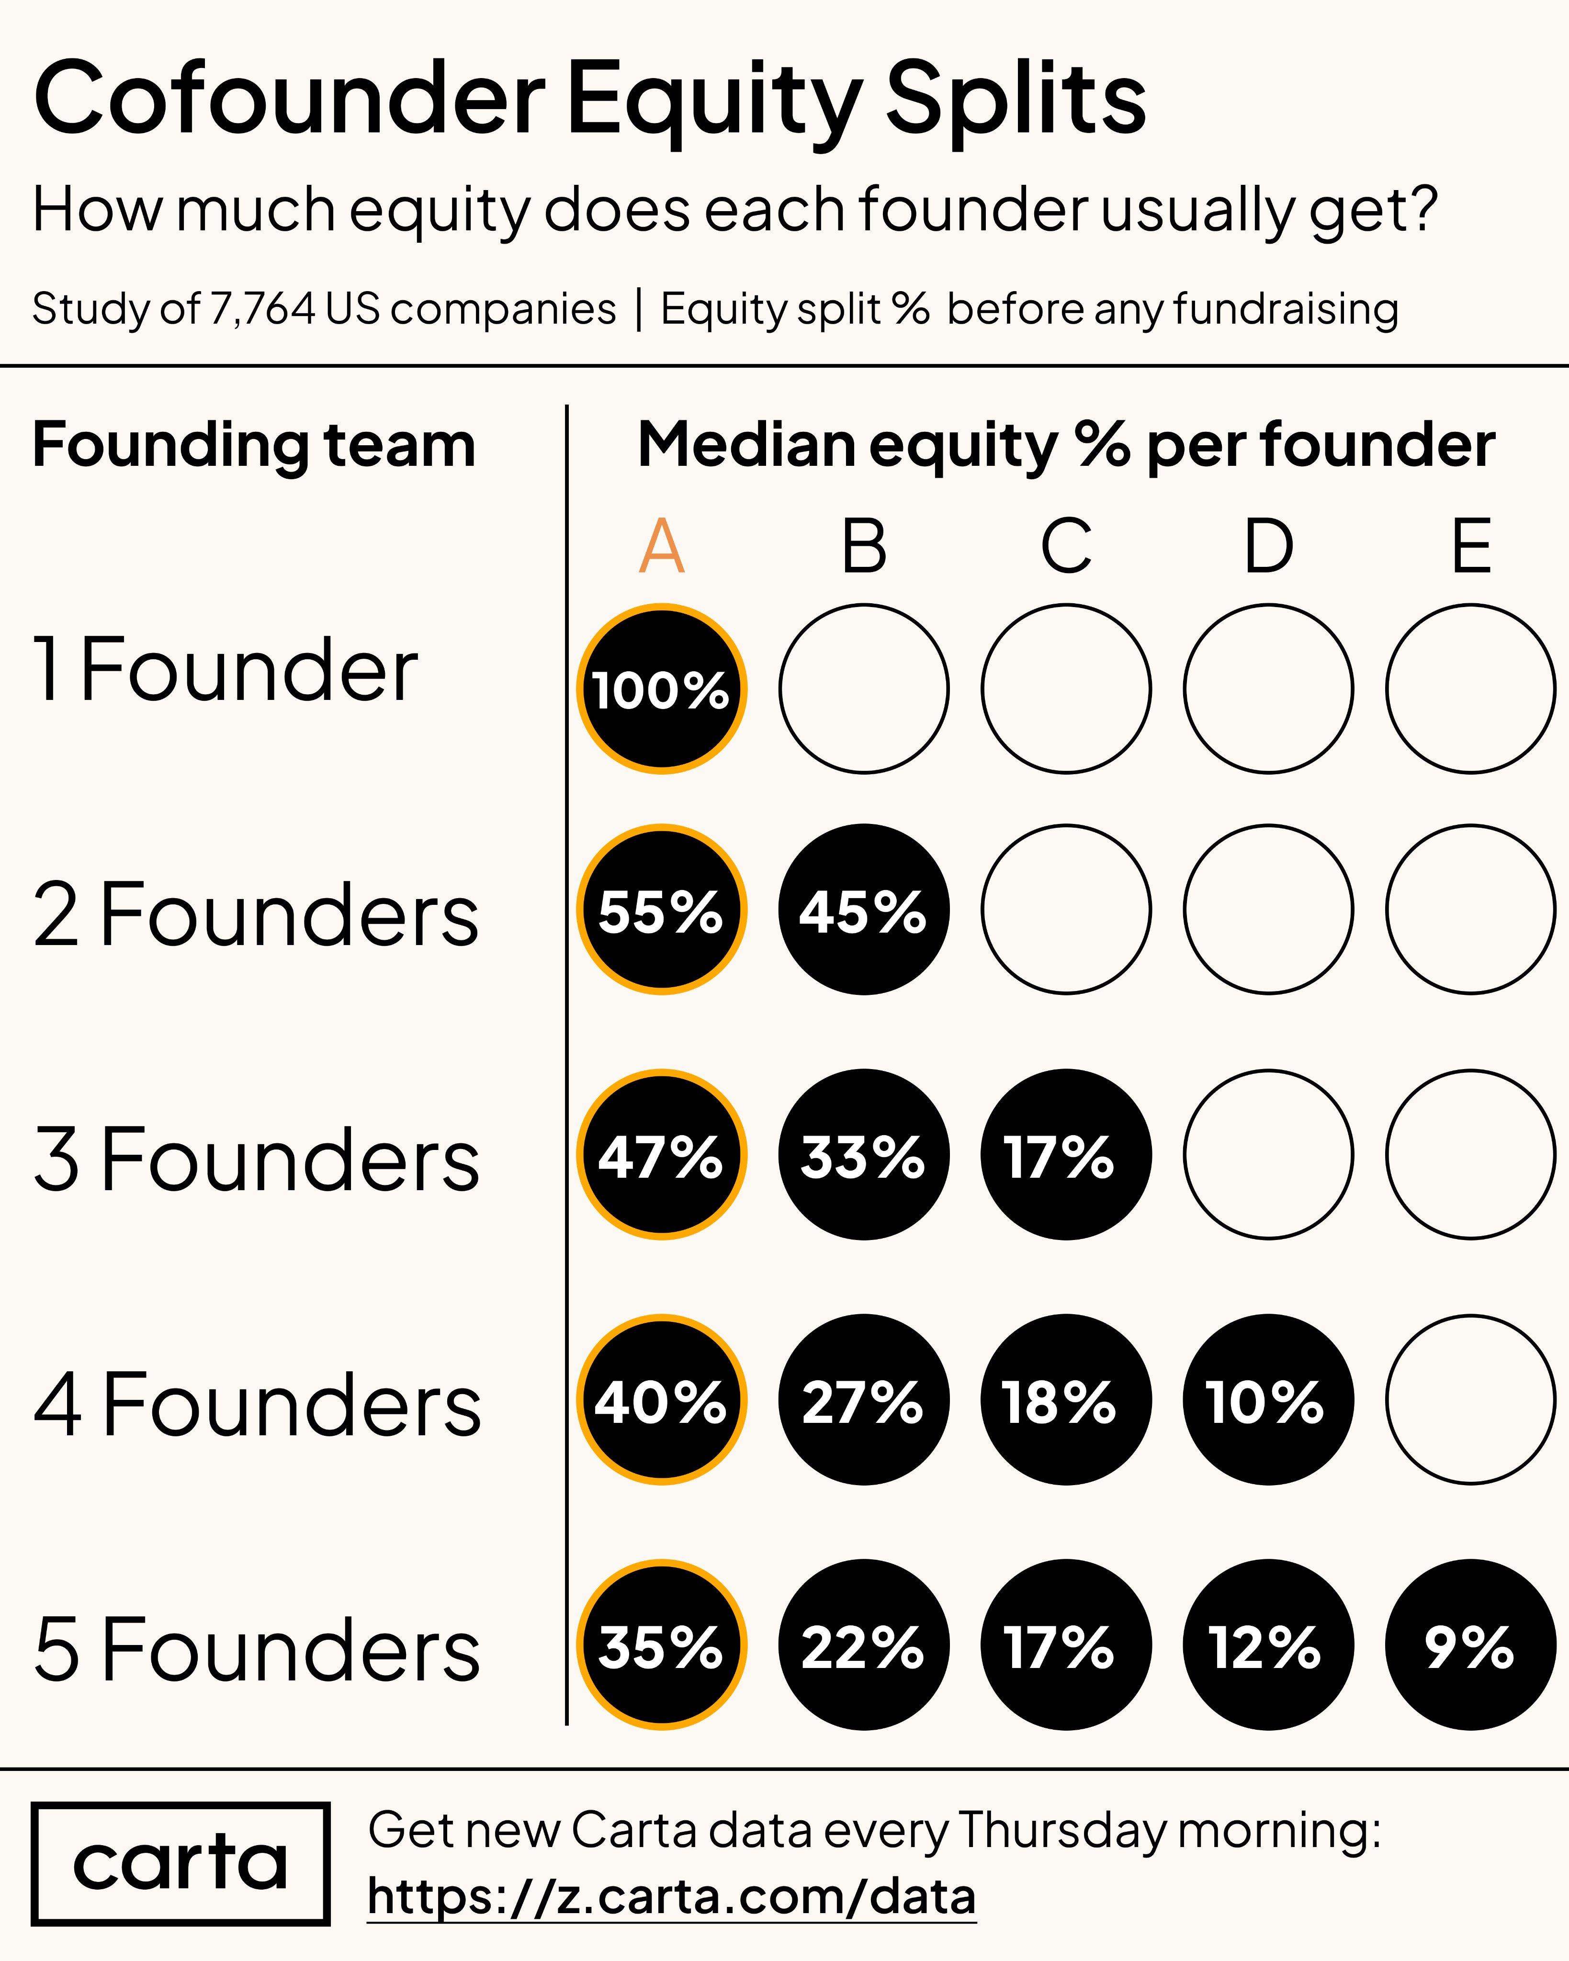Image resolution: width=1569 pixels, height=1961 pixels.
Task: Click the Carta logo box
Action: click(180, 1864)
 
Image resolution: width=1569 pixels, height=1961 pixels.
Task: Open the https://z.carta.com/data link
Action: click(671, 1897)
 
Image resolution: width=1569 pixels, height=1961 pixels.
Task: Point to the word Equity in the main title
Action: click(714, 100)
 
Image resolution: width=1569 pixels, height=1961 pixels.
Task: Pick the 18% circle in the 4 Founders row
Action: click(1065, 1400)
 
